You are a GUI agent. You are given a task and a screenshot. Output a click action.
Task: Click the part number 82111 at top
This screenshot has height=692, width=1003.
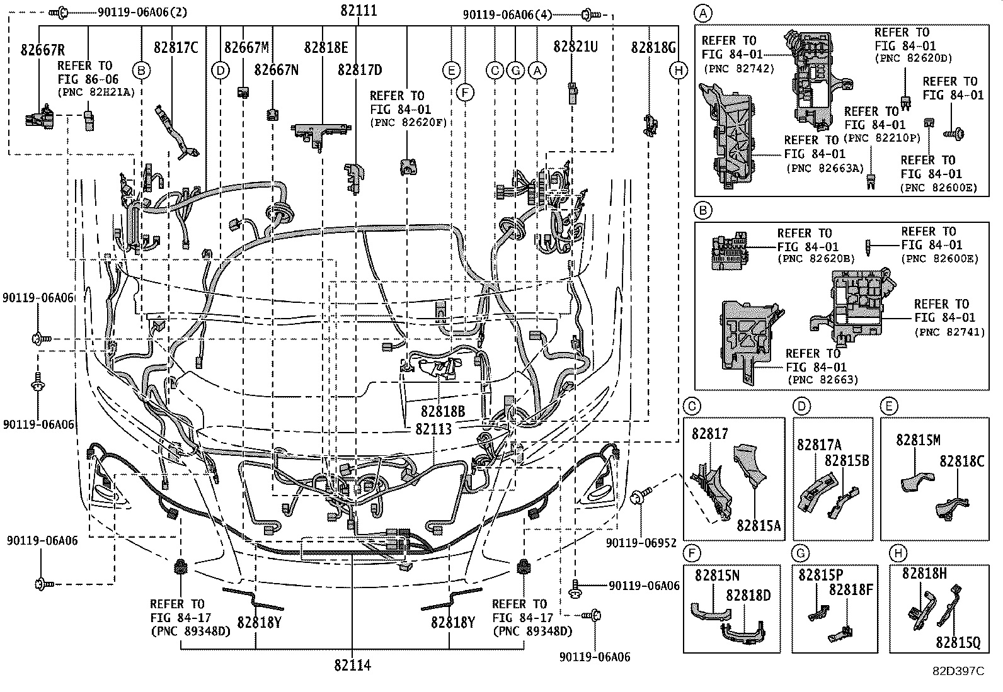(358, 10)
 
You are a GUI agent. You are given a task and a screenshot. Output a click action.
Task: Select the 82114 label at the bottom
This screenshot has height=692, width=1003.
(352, 665)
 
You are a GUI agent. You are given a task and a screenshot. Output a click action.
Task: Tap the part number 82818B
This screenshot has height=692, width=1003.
(443, 412)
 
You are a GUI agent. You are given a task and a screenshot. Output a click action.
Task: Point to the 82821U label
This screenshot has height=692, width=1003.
(575, 47)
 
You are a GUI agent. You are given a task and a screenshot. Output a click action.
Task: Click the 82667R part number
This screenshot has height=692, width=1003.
(42, 50)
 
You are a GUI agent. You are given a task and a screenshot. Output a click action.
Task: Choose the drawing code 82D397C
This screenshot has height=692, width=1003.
(958, 671)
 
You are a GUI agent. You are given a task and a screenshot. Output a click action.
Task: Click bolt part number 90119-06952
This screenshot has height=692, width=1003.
(641, 542)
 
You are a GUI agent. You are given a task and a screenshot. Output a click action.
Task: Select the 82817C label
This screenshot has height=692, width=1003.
(176, 47)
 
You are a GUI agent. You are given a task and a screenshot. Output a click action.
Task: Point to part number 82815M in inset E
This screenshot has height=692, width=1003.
(919, 440)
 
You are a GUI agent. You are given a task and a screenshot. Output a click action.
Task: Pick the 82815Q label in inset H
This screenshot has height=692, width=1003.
(958, 642)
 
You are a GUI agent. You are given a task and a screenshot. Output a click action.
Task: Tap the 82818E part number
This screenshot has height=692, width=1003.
(326, 47)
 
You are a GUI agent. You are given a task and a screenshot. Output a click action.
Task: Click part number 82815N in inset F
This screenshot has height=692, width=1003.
(718, 576)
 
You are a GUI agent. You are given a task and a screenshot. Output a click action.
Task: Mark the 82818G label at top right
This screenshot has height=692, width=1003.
(653, 47)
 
